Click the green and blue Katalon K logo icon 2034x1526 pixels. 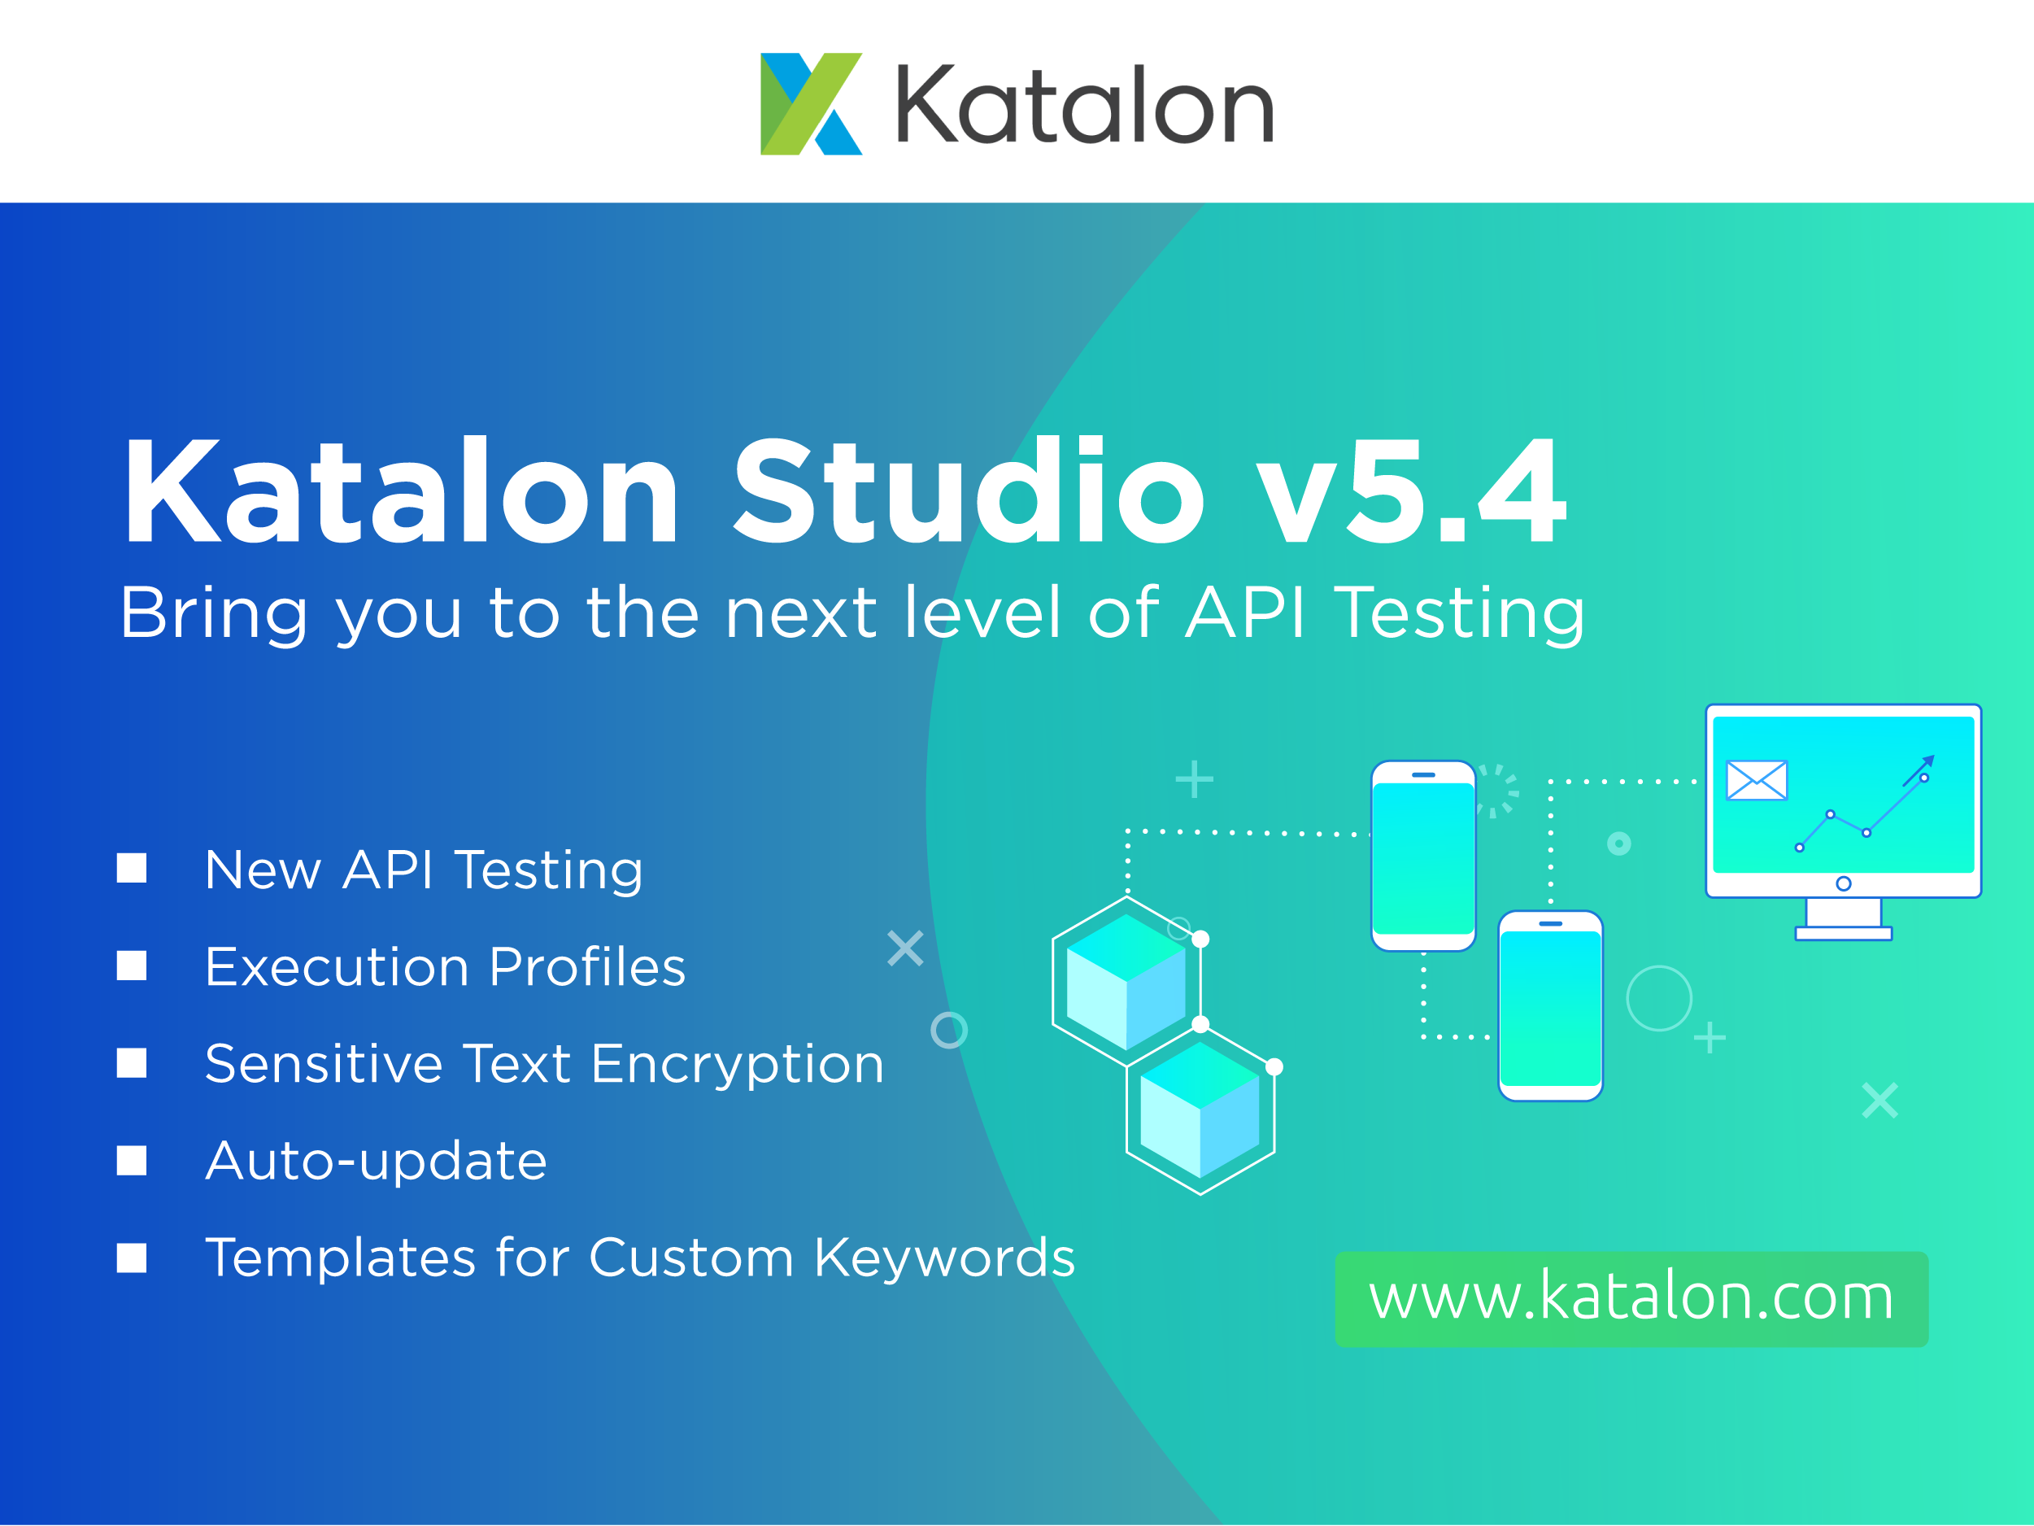[810, 104]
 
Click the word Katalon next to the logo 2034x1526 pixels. [1084, 105]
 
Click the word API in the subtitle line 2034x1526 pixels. [1245, 613]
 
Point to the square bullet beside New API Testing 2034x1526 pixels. [132, 868]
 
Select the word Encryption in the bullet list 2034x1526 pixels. [737, 1065]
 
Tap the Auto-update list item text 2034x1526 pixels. [376, 1161]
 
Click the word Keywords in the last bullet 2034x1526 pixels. [944, 1258]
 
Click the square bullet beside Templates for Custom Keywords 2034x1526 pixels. [132, 1258]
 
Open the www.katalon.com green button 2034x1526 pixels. [1631, 1299]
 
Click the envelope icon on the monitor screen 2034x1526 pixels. [1757, 780]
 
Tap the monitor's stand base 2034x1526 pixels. [1843, 934]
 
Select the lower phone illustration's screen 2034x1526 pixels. [1550, 1009]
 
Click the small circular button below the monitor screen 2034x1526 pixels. [1843, 884]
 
